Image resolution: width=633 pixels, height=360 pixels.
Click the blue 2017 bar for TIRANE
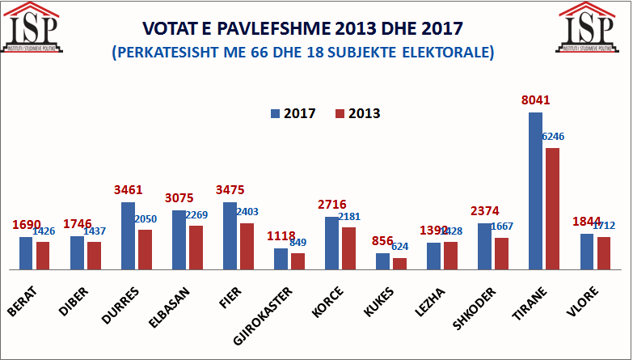tap(535, 191)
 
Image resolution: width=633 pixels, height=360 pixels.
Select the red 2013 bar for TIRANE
tap(552, 209)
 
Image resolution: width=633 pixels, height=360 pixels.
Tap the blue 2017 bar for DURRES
tap(128, 235)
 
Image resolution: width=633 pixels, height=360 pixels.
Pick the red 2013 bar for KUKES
tap(399, 264)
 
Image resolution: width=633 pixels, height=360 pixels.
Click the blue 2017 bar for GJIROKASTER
tap(281, 259)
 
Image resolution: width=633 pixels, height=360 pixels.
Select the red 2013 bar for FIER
tap(247, 246)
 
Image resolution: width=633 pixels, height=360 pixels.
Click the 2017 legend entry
tap(293, 113)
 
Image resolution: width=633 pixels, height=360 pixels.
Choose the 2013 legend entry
tap(357, 113)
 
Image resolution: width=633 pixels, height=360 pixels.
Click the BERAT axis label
tap(22, 300)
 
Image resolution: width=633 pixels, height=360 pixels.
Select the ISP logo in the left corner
tap(33, 26)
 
